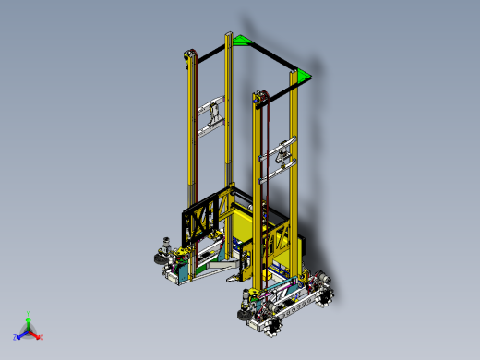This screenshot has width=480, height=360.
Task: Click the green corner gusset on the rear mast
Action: (x=241, y=40)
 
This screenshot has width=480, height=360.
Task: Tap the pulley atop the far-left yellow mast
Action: (x=190, y=56)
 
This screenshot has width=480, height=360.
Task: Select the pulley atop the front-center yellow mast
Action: (x=257, y=95)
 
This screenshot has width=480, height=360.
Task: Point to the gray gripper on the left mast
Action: (x=213, y=114)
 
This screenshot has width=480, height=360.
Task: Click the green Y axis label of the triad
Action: (x=29, y=313)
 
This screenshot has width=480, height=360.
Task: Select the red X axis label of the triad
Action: (x=42, y=337)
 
